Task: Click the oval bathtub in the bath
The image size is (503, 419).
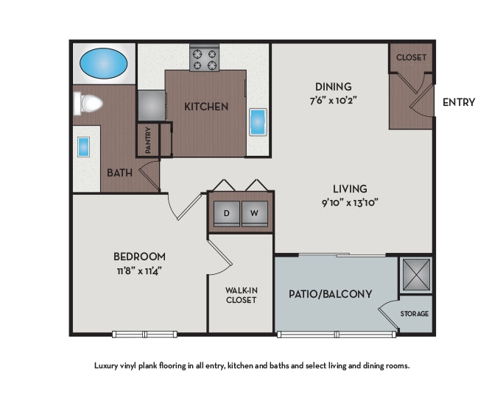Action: coord(104,63)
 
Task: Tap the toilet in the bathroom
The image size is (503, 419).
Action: coord(88,103)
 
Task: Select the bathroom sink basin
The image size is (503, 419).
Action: coord(83,146)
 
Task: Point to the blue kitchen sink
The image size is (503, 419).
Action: coord(258,121)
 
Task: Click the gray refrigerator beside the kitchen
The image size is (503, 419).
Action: coord(151,105)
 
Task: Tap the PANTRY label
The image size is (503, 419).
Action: coord(148,140)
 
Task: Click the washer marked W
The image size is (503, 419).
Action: coord(255,213)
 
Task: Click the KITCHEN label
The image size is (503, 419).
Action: coord(206,107)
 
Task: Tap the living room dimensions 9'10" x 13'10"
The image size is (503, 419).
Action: coord(350,202)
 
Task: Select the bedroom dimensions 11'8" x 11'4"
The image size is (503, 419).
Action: coord(139,270)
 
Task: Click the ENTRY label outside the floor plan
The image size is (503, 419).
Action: coord(458,102)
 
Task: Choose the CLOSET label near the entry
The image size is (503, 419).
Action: coord(411,57)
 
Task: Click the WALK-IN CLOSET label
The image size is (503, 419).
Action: coord(241,295)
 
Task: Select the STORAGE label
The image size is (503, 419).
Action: coord(415,314)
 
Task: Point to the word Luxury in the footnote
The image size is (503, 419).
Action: coord(108,365)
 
